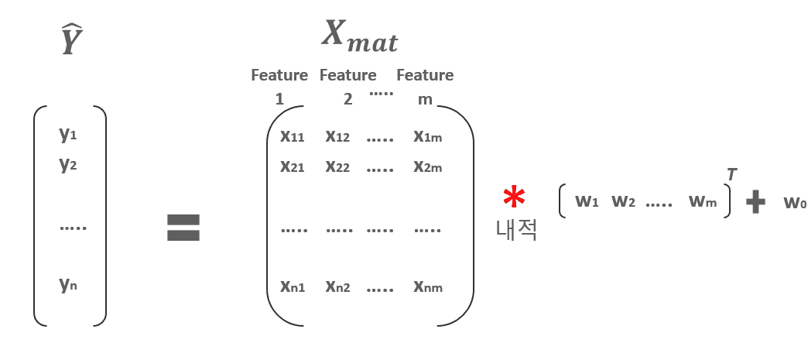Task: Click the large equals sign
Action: point(183,228)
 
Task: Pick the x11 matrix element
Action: point(292,137)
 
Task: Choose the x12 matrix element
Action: point(337,137)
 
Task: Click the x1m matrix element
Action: point(427,137)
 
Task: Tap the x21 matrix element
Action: point(292,166)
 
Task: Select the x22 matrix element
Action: point(337,166)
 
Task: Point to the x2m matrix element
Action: point(427,166)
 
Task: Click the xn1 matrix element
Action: point(292,286)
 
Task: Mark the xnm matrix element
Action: point(427,286)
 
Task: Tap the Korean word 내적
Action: point(516,230)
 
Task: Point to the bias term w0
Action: point(795,203)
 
